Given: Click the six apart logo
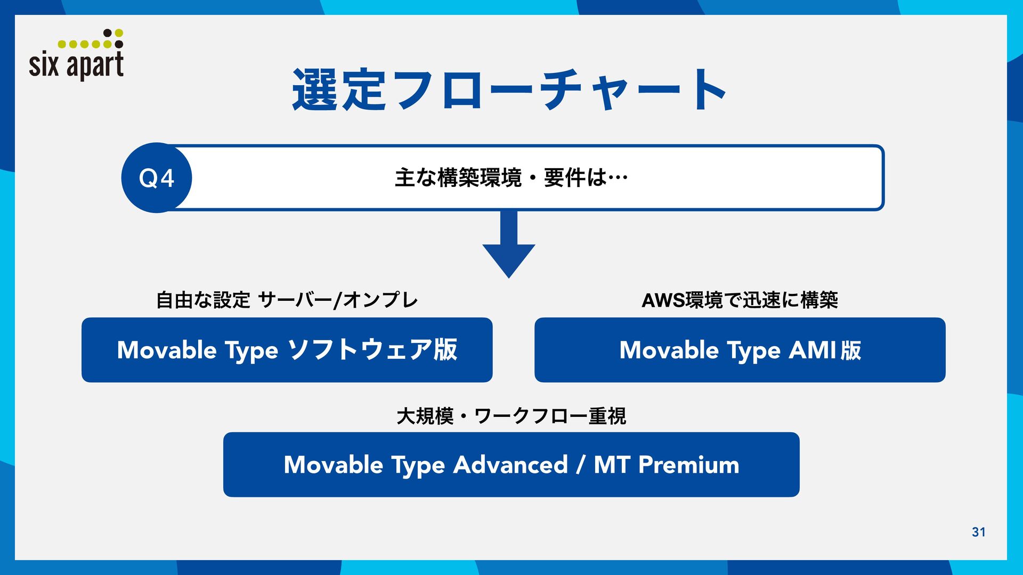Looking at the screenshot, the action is tap(76, 55).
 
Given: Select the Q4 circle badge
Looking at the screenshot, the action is tap(157, 178).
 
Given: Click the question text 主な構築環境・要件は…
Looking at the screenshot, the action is tap(511, 178).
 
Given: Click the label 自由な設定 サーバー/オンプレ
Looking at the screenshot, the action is tap(287, 300).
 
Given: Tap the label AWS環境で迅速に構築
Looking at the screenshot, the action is tap(740, 300).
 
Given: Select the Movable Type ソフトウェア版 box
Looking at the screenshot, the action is tap(287, 350).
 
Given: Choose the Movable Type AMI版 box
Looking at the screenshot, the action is tap(740, 350).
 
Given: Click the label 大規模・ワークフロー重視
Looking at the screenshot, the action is tap(511, 416).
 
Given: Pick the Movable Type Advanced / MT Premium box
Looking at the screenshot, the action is tap(511, 465).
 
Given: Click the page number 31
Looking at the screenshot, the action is tap(979, 532).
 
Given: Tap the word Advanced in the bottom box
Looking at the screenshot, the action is tap(510, 465).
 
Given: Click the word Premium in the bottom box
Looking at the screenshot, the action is tap(689, 465).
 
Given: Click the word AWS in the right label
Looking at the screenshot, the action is tap(663, 300).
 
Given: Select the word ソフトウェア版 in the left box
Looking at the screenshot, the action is tap(372, 350).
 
